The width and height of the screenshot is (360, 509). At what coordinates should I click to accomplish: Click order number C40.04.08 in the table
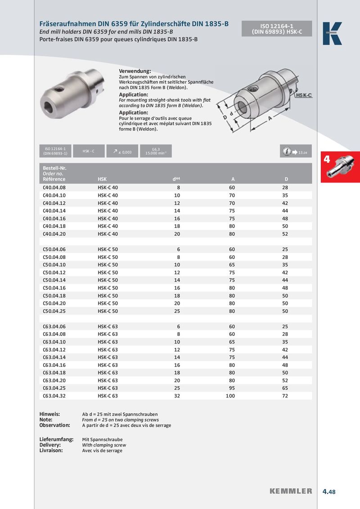click(x=54, y=188)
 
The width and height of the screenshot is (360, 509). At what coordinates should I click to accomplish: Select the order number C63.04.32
click(x=54, y=396)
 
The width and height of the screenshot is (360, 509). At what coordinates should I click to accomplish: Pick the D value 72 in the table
click(x=285, y=396)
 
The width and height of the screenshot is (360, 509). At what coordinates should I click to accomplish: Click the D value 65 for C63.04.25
click(x=285, y=388)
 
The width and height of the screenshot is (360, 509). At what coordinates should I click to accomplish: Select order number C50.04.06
click(x=54, y=249)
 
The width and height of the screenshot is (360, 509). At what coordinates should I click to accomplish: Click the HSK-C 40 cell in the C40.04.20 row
click(x=108, y=234)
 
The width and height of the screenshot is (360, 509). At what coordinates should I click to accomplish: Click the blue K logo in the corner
click(x=332, y=33)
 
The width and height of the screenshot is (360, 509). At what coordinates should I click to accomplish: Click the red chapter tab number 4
click(x=327, y=159)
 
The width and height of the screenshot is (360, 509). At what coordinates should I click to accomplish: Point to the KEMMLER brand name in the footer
click(x=291, y=491)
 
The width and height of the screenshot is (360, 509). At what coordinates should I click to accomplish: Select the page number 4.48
click(x=329, y=492)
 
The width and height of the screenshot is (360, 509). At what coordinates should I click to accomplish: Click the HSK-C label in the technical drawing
click(x=304, y=96)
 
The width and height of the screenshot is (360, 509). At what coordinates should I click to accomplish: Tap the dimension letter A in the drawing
click(x=270, y=117)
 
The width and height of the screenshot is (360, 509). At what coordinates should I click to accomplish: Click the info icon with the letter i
click(x=286, y=152)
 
